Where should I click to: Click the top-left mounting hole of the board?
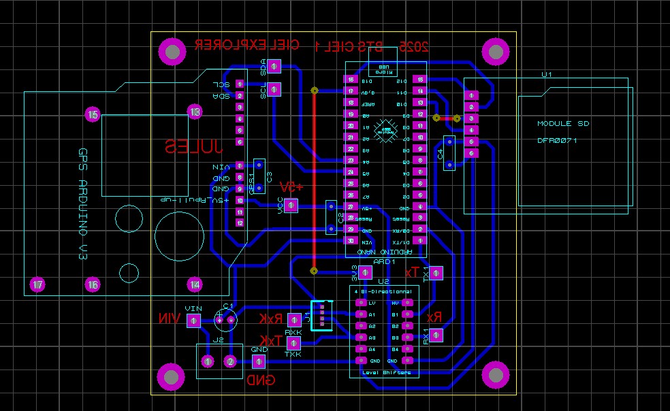point(172,51)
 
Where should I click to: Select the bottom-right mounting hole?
point(496,375)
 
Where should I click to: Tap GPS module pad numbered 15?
point(93,115)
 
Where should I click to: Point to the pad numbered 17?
point(38,284)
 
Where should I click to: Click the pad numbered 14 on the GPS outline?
point(195,284)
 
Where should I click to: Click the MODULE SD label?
point(563,124)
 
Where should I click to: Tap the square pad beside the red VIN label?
point(193,320)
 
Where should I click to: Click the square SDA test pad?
point(274,66)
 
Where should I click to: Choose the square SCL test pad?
point(274,89)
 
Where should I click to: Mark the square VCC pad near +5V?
point(290,205)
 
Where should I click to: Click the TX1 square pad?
point(435,273)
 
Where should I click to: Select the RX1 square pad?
point(435,335)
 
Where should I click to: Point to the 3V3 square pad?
point(364,272)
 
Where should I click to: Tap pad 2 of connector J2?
point(231,361)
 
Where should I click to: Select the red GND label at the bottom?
point(261,380)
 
